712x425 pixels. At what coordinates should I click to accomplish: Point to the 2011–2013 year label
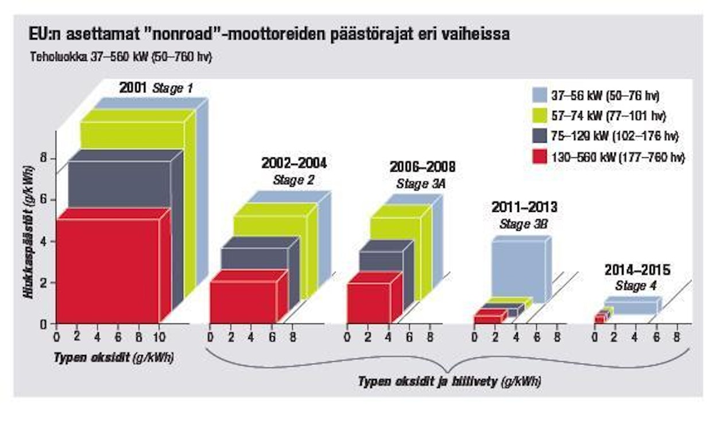click(x=524, y=207)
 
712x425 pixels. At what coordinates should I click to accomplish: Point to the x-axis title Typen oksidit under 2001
click(x=113, y=357)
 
